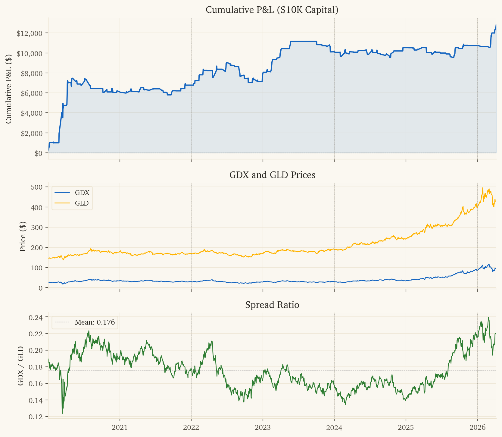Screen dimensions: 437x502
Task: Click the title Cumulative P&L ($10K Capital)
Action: (272, 10)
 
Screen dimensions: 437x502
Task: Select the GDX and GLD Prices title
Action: (272, 175)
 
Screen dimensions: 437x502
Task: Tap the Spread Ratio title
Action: (272, 305)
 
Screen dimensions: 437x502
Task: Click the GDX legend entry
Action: (82, 193)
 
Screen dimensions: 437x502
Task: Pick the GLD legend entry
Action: (82, 203)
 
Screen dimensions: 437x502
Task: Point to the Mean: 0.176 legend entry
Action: (95, 322)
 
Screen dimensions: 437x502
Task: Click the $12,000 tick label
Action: (29, 33)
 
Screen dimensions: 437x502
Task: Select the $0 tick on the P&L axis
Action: (38, 153)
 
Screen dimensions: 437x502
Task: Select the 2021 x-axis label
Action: (120, 427)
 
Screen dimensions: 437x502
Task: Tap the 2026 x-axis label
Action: (477, 427)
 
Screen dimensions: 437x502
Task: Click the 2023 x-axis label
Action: (263, 427)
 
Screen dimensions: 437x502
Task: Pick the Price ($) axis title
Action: (23, 237)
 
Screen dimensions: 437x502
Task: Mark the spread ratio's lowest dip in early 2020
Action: (62, 413)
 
